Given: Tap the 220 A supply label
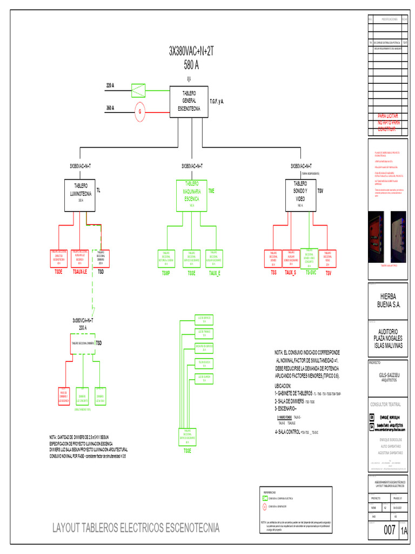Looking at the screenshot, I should click(110, 86).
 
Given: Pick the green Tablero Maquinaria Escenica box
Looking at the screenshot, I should click(192, 195).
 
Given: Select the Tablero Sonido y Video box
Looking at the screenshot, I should click(300, 195).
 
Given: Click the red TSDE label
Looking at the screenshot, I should click(59, 271).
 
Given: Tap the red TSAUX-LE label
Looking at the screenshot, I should click(79, 271).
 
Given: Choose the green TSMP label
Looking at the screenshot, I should click(166, 273).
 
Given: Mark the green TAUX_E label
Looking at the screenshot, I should click(215, 273).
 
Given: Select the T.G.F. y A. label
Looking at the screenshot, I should click(217, 101).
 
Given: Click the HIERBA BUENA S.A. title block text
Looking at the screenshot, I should click(387, 300).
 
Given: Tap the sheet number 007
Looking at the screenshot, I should click(390, 531).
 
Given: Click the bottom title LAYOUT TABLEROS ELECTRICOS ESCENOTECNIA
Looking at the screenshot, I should click(136, 526).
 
